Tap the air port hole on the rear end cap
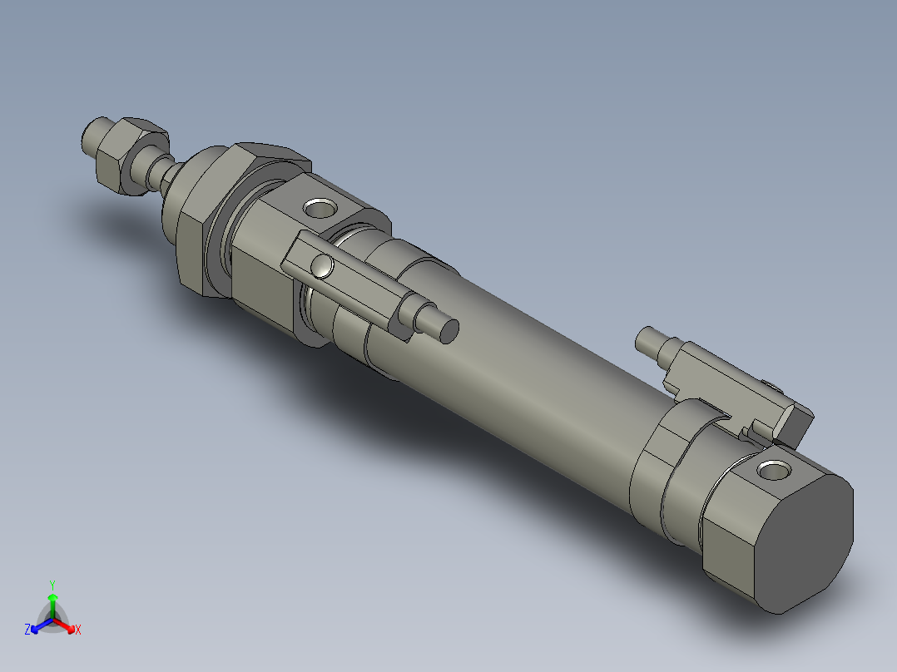pyautogui.click(x=774, y=472)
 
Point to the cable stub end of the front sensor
pyautogui.click(x=448, y=330)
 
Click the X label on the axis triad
pyautogui.click(x=78, y=630)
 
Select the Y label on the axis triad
pyautogui.click(x=52, y=584)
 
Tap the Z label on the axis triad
pyautogui.click(x=27, y=630)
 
